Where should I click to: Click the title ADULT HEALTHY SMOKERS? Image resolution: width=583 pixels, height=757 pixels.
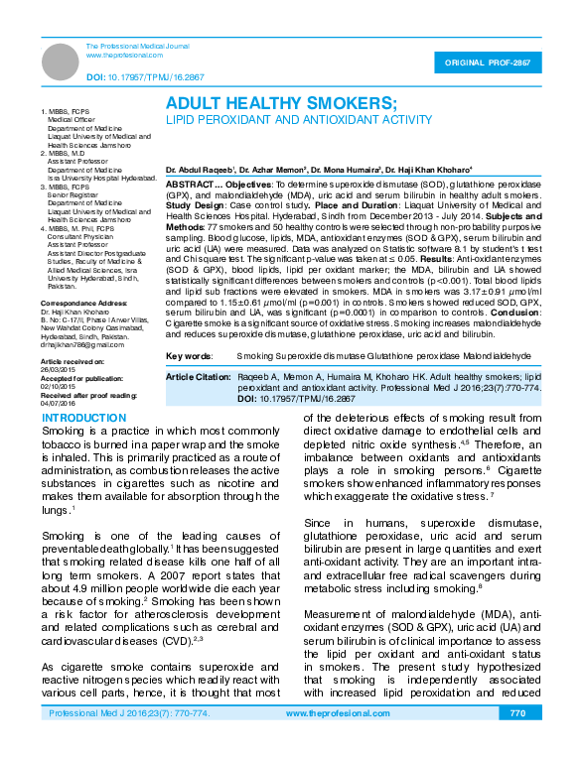coord(281,102)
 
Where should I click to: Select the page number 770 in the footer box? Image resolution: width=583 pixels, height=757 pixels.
coord(516,741)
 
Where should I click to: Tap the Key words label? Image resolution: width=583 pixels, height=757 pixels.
coord(188,354)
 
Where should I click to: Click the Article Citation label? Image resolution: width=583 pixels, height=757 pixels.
coord(199,377)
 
